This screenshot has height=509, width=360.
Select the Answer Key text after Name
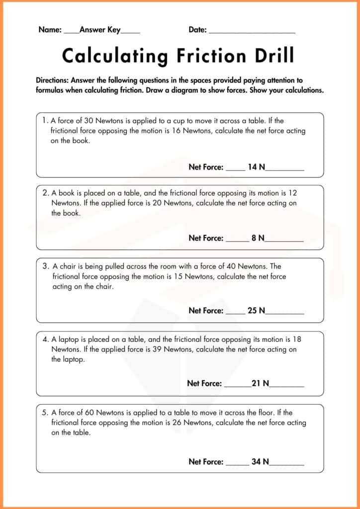[x=100, y=30]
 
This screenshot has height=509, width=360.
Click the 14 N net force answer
[x=256, y=168]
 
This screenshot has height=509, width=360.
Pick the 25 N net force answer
[x=256, y=311]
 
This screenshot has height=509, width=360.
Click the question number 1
[x=45, y=121]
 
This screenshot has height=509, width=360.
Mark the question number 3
[x=45, y=266]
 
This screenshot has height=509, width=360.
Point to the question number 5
[x=45, y=413]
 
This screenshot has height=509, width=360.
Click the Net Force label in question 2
[x=206, y=238]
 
